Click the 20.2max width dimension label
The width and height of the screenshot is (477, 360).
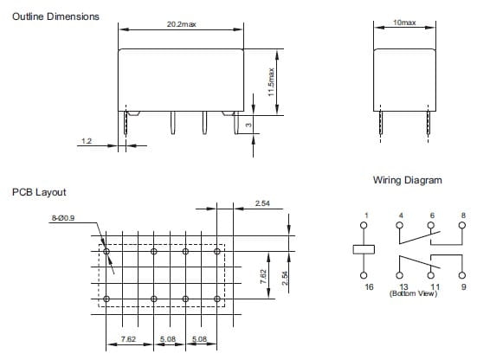(x=181, y=24)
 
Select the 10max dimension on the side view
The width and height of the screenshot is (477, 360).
(x=404, y=22)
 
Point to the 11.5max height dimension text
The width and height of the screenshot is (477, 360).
(x=271, y=82)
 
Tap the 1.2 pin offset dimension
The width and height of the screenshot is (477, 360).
(x=87, y=141)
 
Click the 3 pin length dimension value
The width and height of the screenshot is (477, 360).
(x=248, y=125)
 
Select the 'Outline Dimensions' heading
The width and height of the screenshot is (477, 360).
(x=55, y=16)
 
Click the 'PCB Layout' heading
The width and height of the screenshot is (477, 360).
(x=39, y=192)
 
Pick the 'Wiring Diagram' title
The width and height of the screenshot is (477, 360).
(x=408, y=180)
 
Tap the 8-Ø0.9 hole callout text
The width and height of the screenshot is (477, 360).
(x=63, y=218)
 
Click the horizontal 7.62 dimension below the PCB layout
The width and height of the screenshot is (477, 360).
(x=128, y=338)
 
